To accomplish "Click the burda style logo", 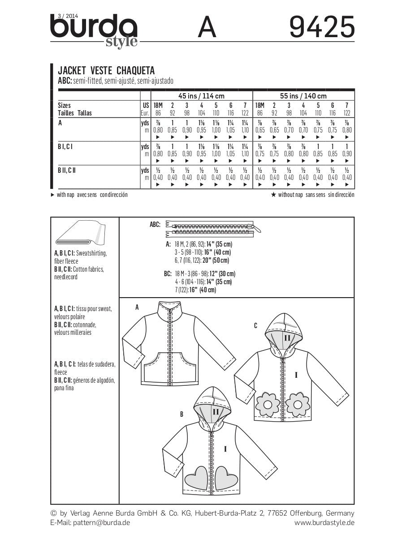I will click(94, 30).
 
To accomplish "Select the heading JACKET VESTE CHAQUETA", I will click(106, 71).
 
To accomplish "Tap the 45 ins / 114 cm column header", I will click(202, 96).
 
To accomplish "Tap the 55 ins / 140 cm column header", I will click(304, 96).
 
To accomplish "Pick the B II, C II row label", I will click(70, 170).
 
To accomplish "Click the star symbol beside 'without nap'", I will click(273, 195).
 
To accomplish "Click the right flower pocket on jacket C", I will click(297, 403).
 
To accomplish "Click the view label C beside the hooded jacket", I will click(255, 325).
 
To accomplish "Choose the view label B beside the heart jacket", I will click(182, 414).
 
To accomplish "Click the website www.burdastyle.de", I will click(324, 522).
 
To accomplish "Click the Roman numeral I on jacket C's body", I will click(296, 375).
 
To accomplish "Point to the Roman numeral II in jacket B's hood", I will click(216, 411).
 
